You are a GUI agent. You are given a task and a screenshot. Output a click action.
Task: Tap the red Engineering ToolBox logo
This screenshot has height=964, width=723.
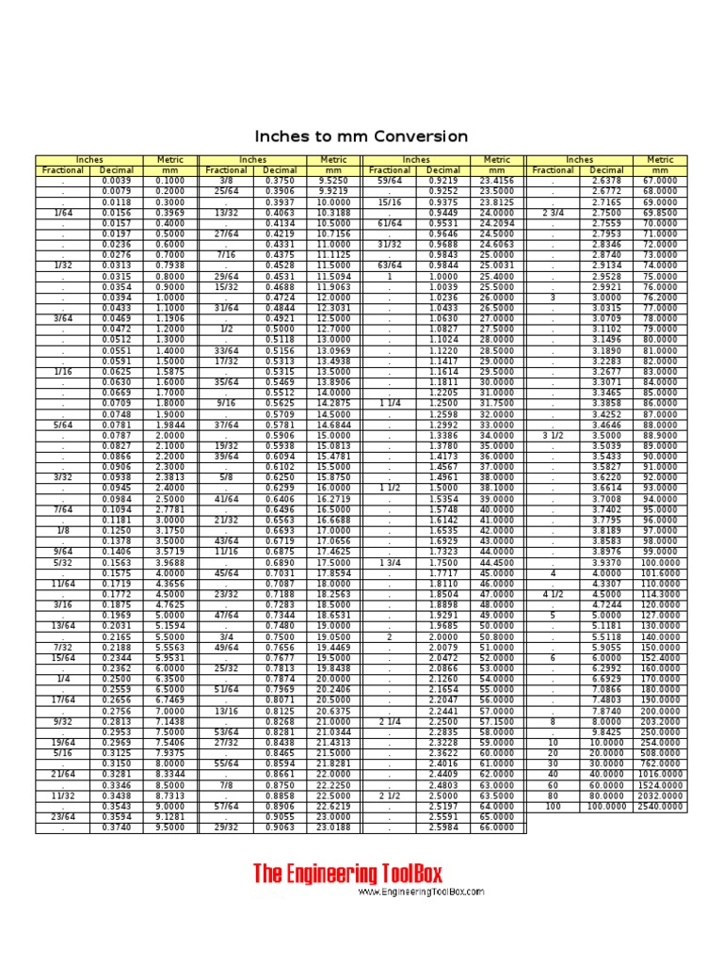click(347, 874)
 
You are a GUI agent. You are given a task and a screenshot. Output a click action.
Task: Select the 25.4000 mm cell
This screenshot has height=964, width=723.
click(496, 277)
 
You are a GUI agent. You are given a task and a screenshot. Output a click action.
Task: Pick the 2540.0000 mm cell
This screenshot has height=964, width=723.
click(660, 806)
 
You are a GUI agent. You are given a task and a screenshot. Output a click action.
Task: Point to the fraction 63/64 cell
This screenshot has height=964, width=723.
click(390, 266)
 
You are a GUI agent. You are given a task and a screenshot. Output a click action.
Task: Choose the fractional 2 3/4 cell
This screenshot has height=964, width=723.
click(553, 214)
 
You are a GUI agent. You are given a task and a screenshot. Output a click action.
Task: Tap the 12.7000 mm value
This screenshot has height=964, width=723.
click(333, 329)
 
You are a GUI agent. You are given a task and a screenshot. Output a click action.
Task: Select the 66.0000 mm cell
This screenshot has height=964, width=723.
click(496, 827)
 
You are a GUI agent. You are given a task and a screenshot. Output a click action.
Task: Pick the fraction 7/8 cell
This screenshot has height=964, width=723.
click(226, 784)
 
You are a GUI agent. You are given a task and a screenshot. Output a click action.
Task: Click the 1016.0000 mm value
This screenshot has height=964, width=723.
click(660, 774)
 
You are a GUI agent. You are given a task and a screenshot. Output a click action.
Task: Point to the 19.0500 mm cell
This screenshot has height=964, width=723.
click(333, 636)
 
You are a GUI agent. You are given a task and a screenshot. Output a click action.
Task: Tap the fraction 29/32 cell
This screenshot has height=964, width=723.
click(226, 827)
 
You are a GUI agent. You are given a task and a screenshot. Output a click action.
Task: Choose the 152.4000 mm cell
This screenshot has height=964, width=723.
click(660, 658)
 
